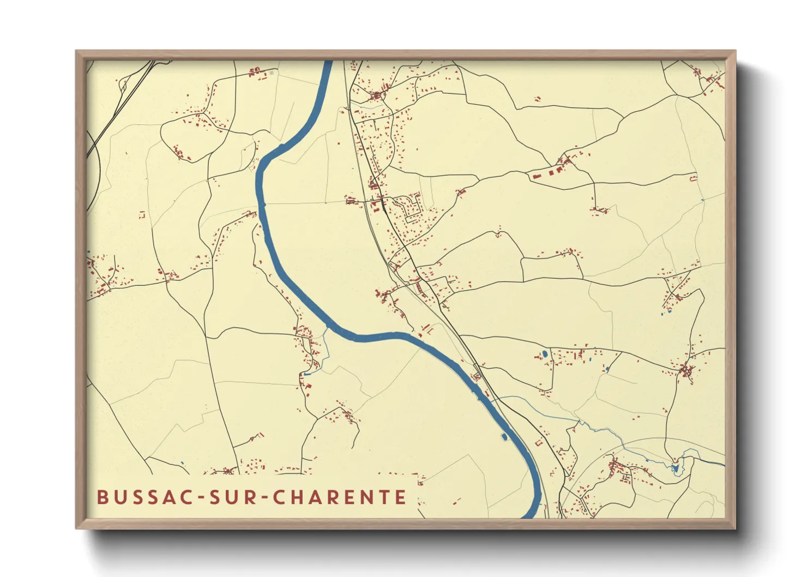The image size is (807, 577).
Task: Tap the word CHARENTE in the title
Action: [339, 497]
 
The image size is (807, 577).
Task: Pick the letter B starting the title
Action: [102, 497]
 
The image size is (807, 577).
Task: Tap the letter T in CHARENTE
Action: [384, 497]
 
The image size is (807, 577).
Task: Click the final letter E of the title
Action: [401, 497]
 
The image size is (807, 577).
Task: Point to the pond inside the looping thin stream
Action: [676, 468]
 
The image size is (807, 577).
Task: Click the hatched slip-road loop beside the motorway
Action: [123, 85]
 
